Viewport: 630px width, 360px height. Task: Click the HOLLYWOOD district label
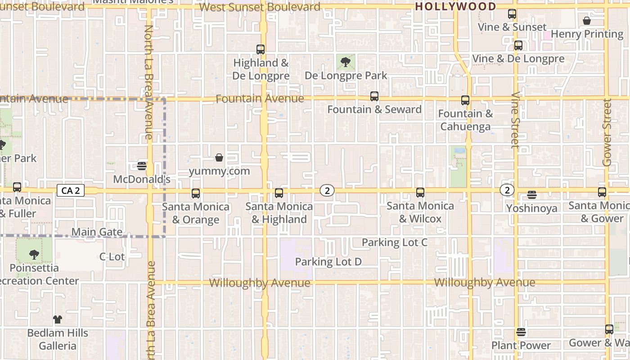coord(455,7)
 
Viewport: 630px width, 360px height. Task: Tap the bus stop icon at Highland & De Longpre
coord(261,49)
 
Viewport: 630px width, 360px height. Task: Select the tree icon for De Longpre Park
coord(346,62)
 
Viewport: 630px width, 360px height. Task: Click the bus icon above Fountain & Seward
coord(374,96)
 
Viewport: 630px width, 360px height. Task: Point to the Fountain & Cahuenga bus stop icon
coord(465,100)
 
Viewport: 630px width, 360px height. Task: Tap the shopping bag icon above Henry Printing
coord(587,21)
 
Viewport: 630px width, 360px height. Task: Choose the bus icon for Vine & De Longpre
coord(518,45)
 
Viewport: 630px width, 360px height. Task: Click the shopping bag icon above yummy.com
coord(219,157)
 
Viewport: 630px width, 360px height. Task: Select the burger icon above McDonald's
coord(142,166)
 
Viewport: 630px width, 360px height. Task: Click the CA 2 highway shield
coord(71,191)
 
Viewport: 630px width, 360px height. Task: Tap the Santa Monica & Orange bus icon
coord(196,193)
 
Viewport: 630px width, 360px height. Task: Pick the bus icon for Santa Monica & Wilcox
coord(420,193)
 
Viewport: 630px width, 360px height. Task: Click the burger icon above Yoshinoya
coord(532,195)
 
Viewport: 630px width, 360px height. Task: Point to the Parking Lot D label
coord(328,261)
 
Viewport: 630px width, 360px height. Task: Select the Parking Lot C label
coord(394,243)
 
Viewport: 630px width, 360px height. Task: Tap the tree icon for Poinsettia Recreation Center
coord(34,255)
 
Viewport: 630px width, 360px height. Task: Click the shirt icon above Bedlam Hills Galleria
coord(58,319)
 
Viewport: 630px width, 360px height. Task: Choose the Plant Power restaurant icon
coord(521,332)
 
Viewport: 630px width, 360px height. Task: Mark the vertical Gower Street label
coord(607,133)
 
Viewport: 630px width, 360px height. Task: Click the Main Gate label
coord(97,232)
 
